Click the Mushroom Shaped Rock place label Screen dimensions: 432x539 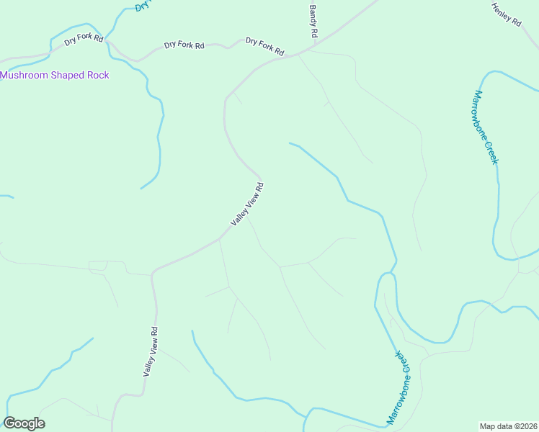55,75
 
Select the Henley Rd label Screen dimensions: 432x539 506,14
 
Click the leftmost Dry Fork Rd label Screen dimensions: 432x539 84,40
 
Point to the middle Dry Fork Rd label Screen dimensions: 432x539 184,45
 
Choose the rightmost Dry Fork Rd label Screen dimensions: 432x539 264,46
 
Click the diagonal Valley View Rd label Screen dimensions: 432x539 247,204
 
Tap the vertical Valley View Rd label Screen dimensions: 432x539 150,352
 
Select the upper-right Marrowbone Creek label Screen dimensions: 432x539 486,127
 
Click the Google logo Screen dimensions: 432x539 24,423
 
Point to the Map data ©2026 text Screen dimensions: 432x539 509,426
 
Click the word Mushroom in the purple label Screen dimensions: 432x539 22,75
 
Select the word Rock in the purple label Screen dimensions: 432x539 98,75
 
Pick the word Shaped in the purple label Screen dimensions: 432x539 66,75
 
